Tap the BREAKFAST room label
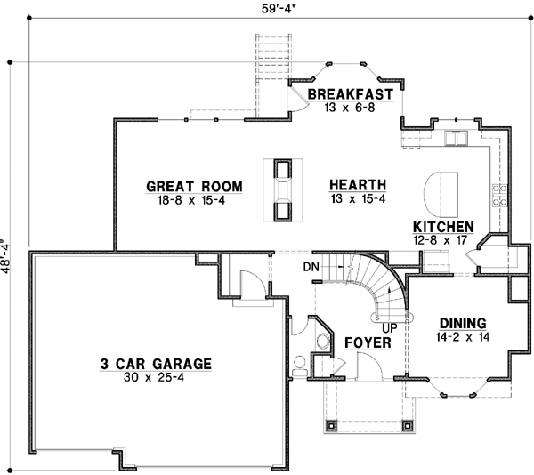tap(351, 94)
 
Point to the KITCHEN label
tap(443, 227)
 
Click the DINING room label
tap(463, 323)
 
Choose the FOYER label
tap(363, 341)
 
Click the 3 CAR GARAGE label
tap(155, 363)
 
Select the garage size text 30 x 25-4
tap(155, 377)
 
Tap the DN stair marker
tap(311, 266)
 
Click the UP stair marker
tap(389, 326)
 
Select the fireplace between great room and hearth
tap(283, 189)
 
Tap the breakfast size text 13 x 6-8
tap(351, 108)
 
